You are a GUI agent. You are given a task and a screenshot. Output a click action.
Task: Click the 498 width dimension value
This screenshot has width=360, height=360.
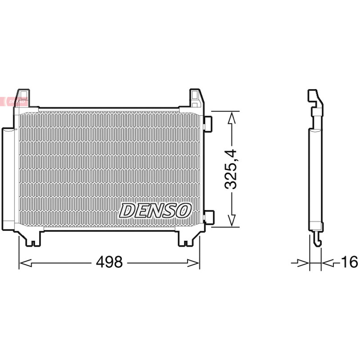tap(109, 262)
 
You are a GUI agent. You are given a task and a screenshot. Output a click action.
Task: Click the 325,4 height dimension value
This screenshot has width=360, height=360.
tap(231, 169)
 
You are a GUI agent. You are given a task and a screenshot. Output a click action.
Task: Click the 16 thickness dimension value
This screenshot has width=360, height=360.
tap(350, 262)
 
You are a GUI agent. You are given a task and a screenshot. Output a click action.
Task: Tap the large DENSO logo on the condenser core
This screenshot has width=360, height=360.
tap(155, 210)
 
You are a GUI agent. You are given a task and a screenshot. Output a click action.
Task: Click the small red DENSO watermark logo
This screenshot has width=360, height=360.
tap(14, 101)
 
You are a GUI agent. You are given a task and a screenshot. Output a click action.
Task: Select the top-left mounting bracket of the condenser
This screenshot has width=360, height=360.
tap(23, 98)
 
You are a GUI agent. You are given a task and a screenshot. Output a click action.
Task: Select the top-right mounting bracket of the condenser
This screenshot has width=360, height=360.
tap(196, 98)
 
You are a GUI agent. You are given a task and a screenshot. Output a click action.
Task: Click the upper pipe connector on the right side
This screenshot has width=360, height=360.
tap(208, 124)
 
